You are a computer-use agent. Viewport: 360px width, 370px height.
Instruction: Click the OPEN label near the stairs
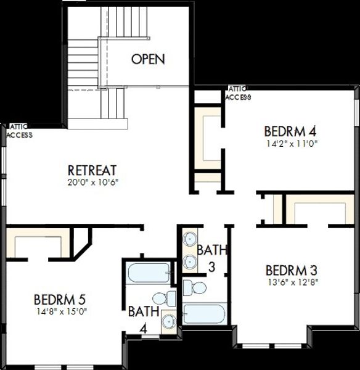click(x=148, y=59)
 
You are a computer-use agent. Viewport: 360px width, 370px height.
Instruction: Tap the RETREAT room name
click(x=92, y=170)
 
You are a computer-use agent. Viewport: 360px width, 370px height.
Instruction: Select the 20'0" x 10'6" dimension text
click(x=92, y=183)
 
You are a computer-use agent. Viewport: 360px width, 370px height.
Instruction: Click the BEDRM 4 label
click(x=290, y=131)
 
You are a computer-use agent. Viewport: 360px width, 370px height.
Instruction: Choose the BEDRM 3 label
click(x=292, y=271)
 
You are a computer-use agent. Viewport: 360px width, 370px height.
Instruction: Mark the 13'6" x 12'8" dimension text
click(x=293, y=282)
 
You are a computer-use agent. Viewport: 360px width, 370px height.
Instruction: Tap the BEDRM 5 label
click(x=60, y=300)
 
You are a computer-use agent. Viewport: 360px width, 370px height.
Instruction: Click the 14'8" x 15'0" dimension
click(x=62, y=311)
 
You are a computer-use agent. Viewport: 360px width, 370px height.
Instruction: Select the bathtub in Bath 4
click(x=149, y=273)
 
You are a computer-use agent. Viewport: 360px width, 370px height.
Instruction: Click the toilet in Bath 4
click(x=165, y=298)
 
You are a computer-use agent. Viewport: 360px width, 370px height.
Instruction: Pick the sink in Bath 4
click(x=169, y=322)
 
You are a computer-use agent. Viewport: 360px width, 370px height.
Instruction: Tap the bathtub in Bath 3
click(x=204, y=314)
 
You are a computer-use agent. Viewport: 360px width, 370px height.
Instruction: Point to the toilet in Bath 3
click(x=195, y=288)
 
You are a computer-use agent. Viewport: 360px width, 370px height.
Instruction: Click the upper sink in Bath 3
click(x=190, y=239)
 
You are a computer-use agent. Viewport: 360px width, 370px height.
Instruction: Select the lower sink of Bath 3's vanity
click(x=190, y=261)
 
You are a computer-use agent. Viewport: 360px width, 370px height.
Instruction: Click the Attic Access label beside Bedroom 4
click(x=238, y=93)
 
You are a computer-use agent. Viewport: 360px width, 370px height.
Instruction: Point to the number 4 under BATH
click(x=144, y=328)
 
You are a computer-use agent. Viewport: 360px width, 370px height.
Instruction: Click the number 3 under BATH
click(x=212, y=267)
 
